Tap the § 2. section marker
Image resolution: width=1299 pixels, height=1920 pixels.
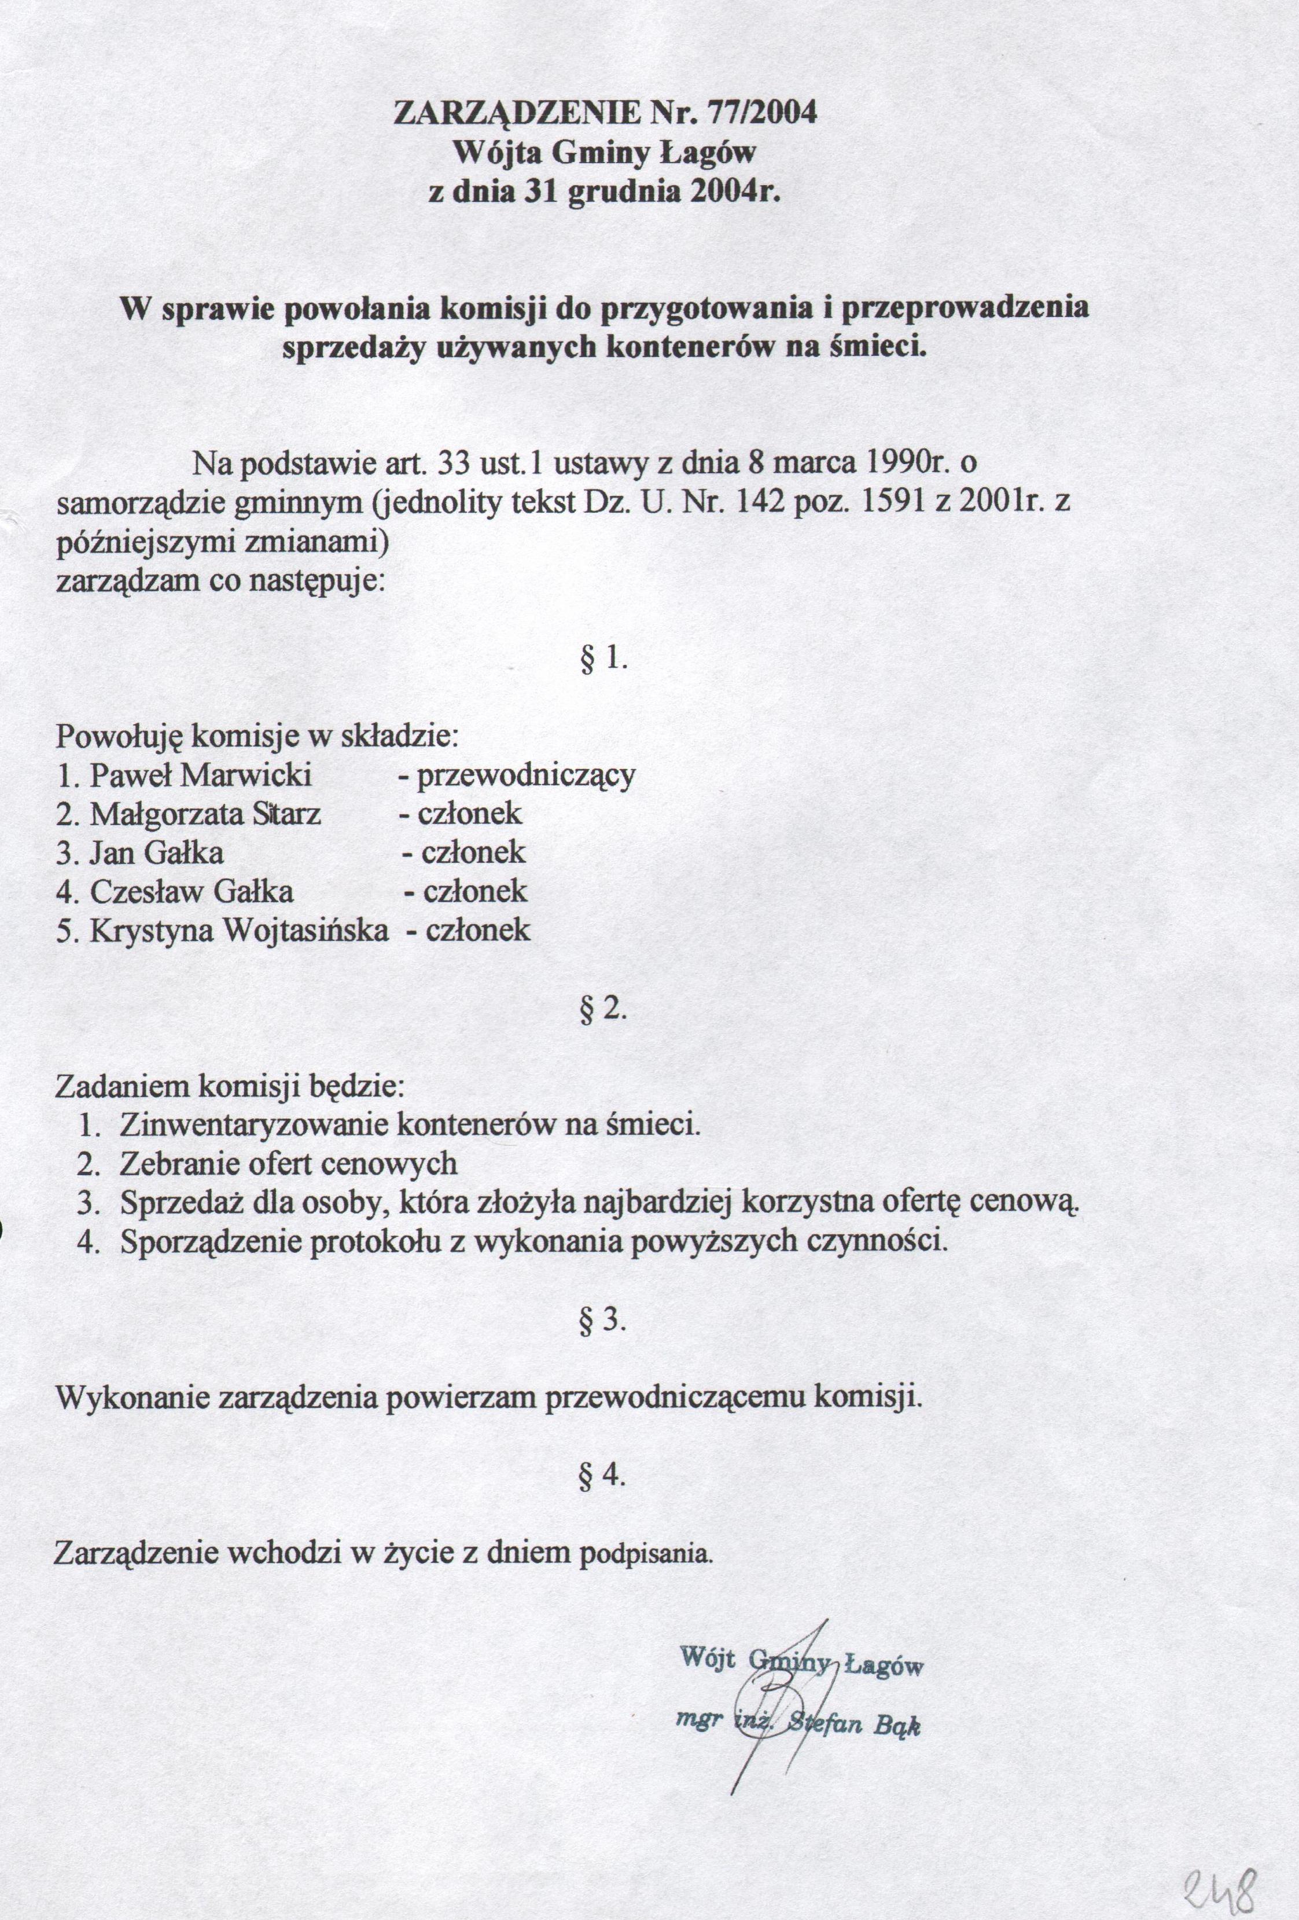pyautogui.click(x=604, y=1010)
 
